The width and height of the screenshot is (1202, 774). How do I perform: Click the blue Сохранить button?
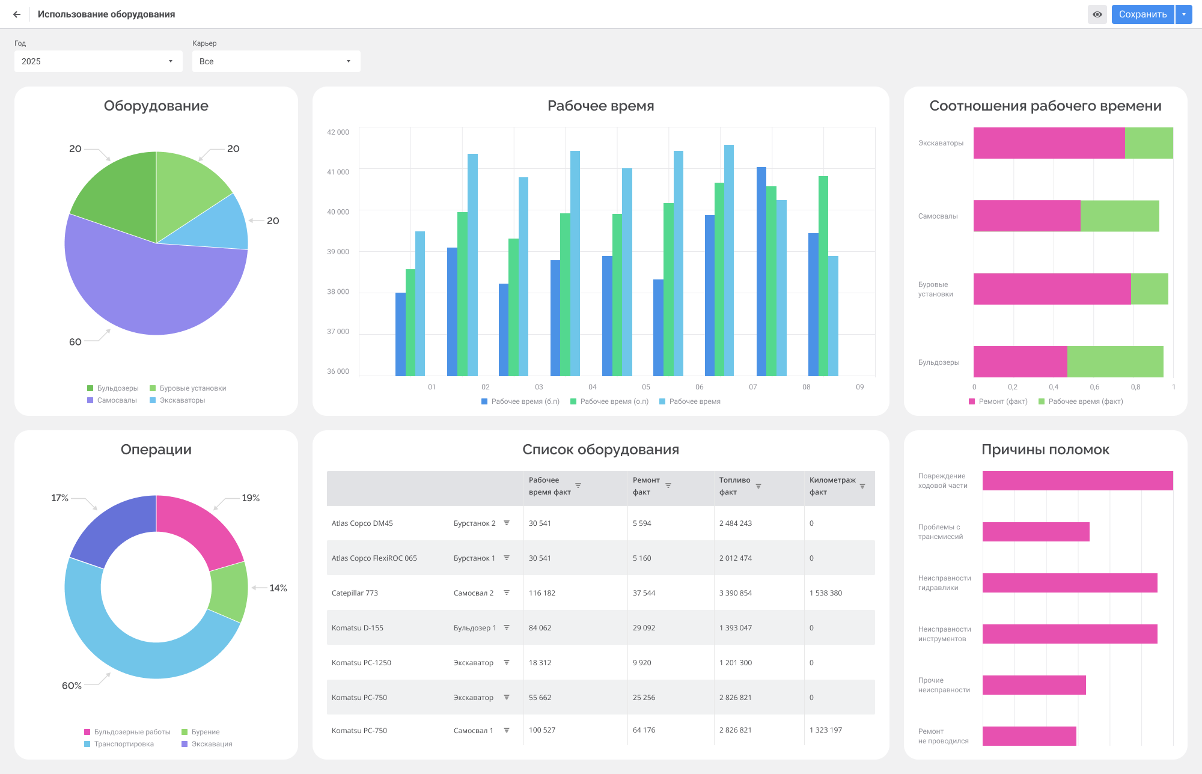point(1143,14)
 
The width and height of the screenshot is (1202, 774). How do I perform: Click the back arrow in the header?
point(17,14)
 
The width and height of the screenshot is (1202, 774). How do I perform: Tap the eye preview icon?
point(1097,14)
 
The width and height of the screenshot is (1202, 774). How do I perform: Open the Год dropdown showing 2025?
point(99,61)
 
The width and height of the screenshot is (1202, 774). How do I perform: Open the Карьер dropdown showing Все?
point(276,61)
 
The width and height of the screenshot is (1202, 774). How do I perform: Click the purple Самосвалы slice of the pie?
point(150,288)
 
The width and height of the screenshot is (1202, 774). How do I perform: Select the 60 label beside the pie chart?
point(75,342)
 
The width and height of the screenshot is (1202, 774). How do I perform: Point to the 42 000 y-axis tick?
point(338,132)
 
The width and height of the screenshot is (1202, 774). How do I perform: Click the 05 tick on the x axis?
point(646,387)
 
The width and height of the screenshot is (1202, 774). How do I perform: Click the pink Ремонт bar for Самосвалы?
point(1027,216)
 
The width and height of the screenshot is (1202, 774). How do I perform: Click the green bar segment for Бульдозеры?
point(1115,362)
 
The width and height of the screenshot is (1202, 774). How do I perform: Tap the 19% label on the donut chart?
point(251,498)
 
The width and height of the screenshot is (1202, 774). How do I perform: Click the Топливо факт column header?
point(734,486)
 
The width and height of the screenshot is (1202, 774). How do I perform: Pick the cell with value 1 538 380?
point(826,593)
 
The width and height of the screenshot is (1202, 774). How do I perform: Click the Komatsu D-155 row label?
point(358,628)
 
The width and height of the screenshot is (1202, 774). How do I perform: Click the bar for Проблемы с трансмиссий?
point(1036,532)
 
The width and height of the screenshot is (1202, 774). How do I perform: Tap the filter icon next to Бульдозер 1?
point(507,627)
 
